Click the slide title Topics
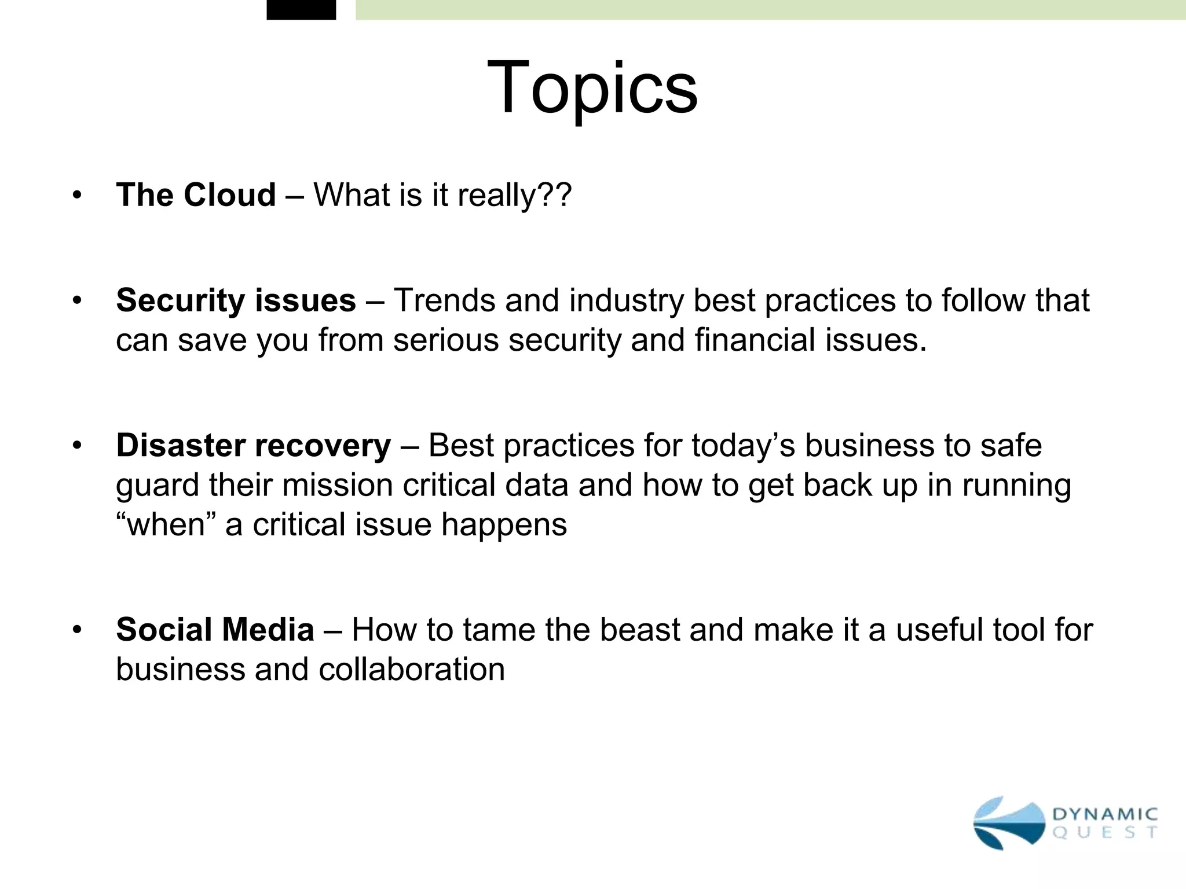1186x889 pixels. pyautogui.click(x=592, y=89)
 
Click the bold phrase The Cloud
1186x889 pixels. pyautogui.click(x=196, y=194)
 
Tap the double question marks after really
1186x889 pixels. pyautogui.click(x=555, y=194)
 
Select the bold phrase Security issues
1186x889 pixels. pyautogui.click(x=236, y=300)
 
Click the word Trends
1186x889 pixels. pyautogui.click(x=444, y=300)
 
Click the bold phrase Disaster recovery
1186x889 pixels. pyautogui.click(x=254, y=446)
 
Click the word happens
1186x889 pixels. pyautogui.click(x=504, y=524)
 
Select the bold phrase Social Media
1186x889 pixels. pyautogui.click(x=215, y=630)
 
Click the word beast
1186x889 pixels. pyautogui.click(x=639, y=630)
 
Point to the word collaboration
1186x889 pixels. pyautogui.click(x=411, y=670)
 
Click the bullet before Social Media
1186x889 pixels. pyautogui.click(x=77, y=630)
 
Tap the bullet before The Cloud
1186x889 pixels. pyautogui.click(x=77, y=194)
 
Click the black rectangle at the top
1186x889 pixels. pyautogui.click(x=301, y=10)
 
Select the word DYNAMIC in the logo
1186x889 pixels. pyautogui.click(x=1104, y=814)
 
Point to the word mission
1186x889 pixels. pyautogui.click(x=337, y=485)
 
